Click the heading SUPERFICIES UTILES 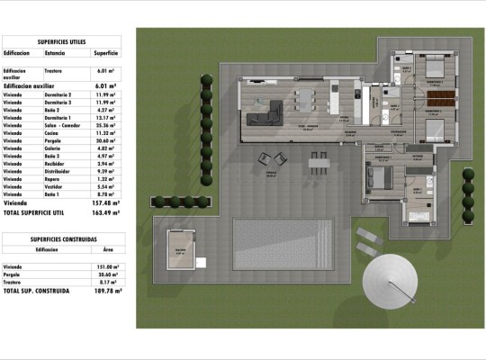(63, 42)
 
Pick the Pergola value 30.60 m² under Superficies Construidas (107, 274)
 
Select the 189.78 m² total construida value (107, 292)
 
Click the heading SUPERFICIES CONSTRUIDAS (63, 239)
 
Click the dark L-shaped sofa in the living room (265, 112)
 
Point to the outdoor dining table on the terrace (319, 160)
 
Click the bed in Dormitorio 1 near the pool (377, 176)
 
